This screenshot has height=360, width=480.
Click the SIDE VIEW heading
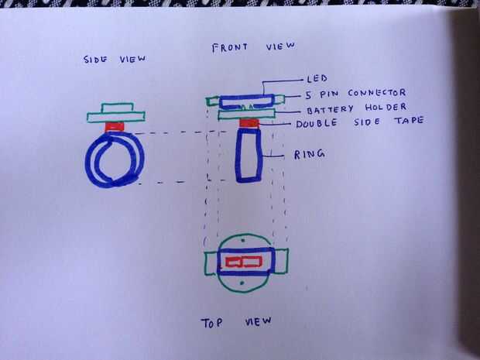115,60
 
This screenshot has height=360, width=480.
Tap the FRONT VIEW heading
253,48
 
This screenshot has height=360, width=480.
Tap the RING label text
310,154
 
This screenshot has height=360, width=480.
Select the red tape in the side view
115,125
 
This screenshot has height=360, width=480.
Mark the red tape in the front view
249,123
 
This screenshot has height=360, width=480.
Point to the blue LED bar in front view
246,101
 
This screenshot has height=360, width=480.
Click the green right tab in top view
282,262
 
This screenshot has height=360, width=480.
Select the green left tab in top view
211,262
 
